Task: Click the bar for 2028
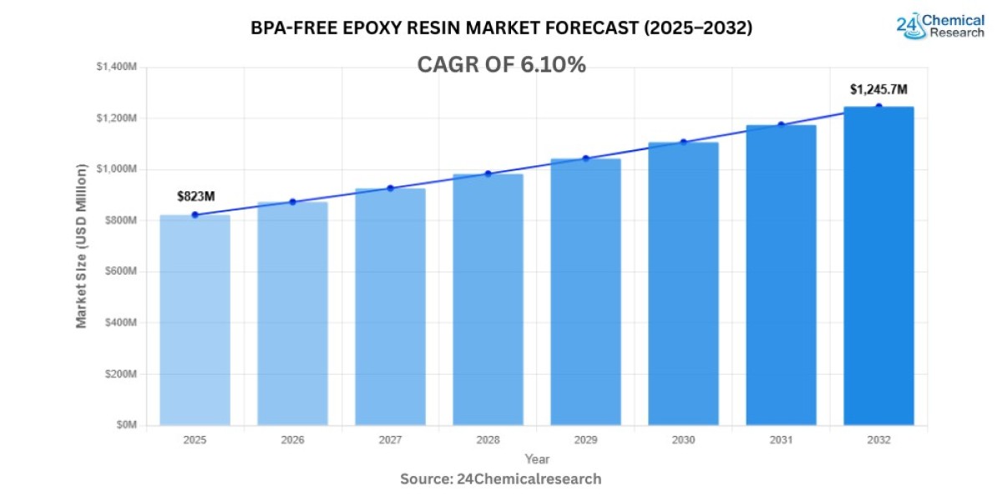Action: coord(488,300)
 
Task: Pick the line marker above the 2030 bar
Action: coord(683,142)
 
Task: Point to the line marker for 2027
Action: coord(390,188)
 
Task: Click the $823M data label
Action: coord(195,196)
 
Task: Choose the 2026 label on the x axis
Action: coord(292,440)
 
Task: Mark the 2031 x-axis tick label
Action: coord(781,440)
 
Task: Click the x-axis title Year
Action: coord(537,459)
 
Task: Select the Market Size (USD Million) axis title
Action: coord(82,245)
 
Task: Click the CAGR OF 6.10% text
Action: coord(501,65)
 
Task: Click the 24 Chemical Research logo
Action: coord(940,25)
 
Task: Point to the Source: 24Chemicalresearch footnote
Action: coord(501,479)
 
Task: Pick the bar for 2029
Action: coord(585,291)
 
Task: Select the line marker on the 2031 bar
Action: coord(781,125)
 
